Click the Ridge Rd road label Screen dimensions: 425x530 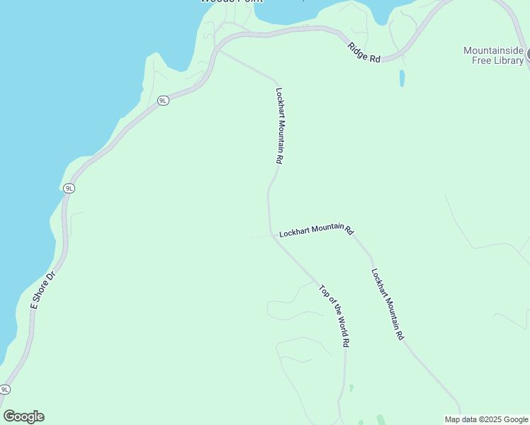[364, 52]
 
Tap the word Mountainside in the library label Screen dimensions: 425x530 [493, 51]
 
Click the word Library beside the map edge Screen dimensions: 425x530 [509, 60]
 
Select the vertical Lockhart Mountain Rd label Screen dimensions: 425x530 [279, 126]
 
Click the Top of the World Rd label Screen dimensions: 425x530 [334, 315]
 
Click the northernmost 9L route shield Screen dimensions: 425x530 [163, 101]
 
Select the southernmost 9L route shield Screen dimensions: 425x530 [5, 390]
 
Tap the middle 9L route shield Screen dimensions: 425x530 [69, 188]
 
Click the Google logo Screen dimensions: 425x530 [23, 416]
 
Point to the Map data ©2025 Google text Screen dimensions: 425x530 [486, 419]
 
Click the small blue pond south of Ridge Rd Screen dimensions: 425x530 [402, 78]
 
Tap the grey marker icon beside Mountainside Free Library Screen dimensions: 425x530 [528, 53]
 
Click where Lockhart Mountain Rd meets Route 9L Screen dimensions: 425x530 [218, 50]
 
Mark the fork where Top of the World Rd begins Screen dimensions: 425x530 [273, 235]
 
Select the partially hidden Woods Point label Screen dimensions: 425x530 [231, 1]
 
